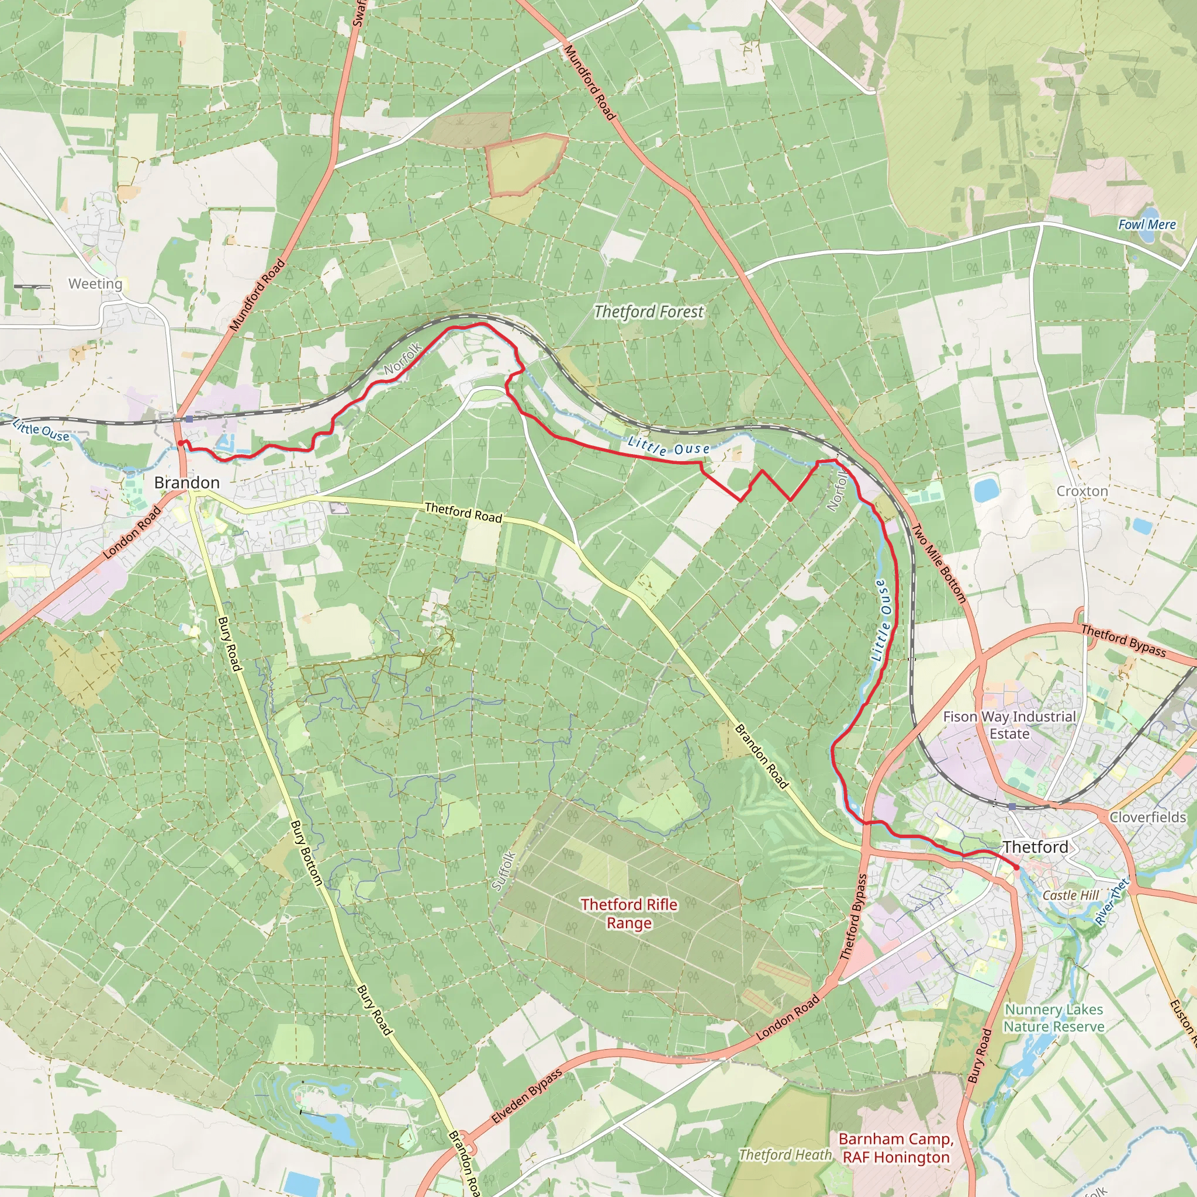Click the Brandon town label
pyautogui.click(x=186, y=483)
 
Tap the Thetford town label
pyautogui.click(x=1035, y=847)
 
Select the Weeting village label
pyautogui.click(x=95, y=283)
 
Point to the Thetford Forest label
pyautogui.click(x=649, y=312)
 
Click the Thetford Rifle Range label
pyautogui.click(x=629, y=914)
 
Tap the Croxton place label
pyautogui.click(x=1082, y=491)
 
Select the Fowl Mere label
pyautogui.click(x=1147, y=225)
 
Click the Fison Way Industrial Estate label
pyautogui.click(x=1009, y=725)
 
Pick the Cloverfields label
pyautogui.click(x=1147, y=817)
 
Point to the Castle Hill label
pyautogui.click(x=1071, y=895)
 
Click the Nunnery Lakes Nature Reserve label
pyautogui.click(x=1054, y=1018)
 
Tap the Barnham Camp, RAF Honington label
pyautogui.click(x=896, y=1147)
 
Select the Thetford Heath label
pyautogui.click(x=785, y=1155)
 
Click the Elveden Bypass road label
pyautogui.click(x=527, y=1096)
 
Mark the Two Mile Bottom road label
pyautogui.click(x=939, y=563)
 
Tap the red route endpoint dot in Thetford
pyautogui.click(x=1016, y=867)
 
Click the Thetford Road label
pyautogui.click(x=463, y=513)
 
